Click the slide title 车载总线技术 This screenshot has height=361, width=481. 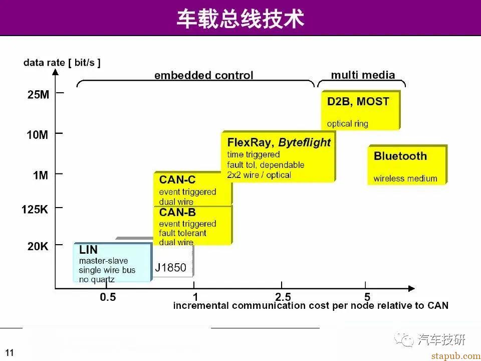point(241,19)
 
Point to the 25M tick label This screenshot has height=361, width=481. point(39,95)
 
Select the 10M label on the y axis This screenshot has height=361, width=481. point(38,135)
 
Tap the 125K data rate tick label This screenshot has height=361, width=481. point(35,210)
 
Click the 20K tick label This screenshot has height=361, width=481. point(38,246)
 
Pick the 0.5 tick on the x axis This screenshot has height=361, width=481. point(108,297)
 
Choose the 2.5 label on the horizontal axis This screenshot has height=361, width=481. point(283,297)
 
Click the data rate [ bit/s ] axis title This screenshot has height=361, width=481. point(62,63)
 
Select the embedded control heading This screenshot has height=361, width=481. point(204,75)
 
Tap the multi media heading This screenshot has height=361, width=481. point(363,75)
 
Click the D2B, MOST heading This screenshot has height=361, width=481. point(358,102)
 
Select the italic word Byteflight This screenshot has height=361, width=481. point(304,143)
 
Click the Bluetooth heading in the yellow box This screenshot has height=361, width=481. point(400,156)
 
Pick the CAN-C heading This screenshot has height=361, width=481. point(177,179)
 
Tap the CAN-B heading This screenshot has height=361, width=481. point(177,212)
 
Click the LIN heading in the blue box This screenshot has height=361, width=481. point(88,250)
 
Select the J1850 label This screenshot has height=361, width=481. point(170,268)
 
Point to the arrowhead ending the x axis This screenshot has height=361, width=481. point(411,289)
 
